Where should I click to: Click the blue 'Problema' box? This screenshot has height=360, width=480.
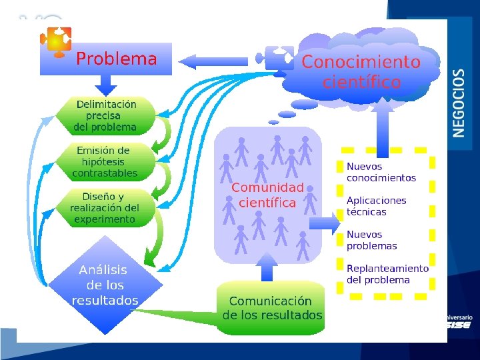click(x=107, y=59)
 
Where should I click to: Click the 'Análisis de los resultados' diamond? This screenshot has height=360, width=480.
click(x=105, y=285)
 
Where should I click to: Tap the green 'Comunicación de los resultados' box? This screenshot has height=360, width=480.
click(x=271, y=309)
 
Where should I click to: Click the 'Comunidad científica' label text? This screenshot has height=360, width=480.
click(x=267, y=195)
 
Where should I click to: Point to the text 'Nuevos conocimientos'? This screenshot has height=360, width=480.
click(x=381, y=172)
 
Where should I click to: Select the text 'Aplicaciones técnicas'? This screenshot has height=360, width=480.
click(x=376, y=206)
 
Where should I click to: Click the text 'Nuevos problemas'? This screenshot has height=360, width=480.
click(x=371, y=240)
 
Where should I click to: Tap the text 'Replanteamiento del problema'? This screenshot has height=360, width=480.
click(x=387, y=274)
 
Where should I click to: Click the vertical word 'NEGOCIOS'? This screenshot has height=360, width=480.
click(x=459, y=103)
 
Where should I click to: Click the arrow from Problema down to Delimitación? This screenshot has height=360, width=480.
click(x=106, y=85)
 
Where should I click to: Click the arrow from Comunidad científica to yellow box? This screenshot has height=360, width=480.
click(x=325, y=223)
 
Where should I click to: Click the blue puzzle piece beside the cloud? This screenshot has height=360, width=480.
click(x=279, y=58)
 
